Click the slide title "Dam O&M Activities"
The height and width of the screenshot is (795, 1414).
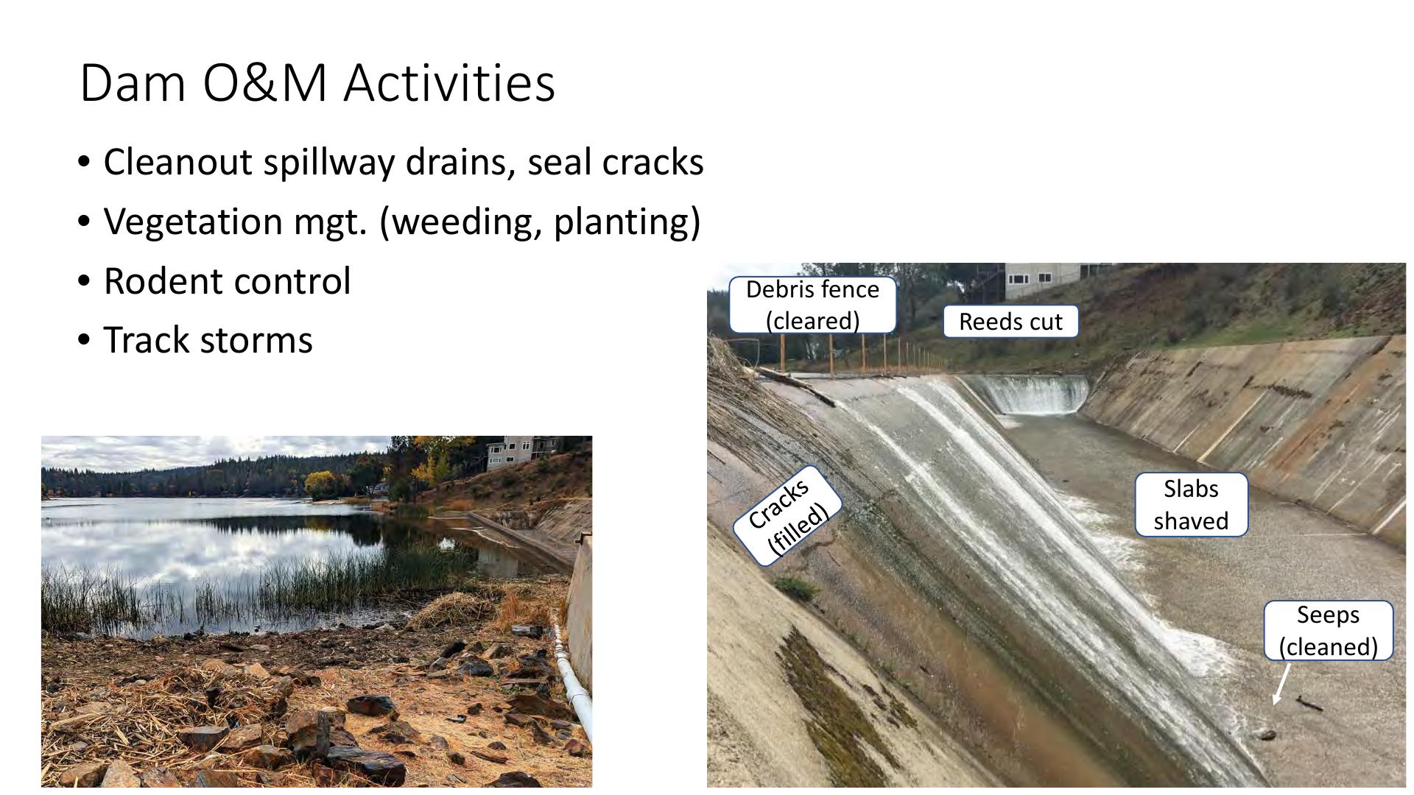point(317,82)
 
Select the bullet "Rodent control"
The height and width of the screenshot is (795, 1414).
point(227,281)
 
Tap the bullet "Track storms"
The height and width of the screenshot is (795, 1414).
point(208,340)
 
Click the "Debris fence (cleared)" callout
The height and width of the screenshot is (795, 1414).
point(812,305)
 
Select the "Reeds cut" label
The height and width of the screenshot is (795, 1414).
point(1010,322)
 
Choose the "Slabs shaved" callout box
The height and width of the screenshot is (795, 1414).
point(1191,505)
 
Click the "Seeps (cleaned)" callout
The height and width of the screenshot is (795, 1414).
point(1328,631)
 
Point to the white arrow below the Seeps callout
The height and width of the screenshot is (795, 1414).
point(1281,685)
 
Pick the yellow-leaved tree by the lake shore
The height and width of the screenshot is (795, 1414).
point(322,484)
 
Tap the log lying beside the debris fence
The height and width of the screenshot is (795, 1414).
point(795,386)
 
